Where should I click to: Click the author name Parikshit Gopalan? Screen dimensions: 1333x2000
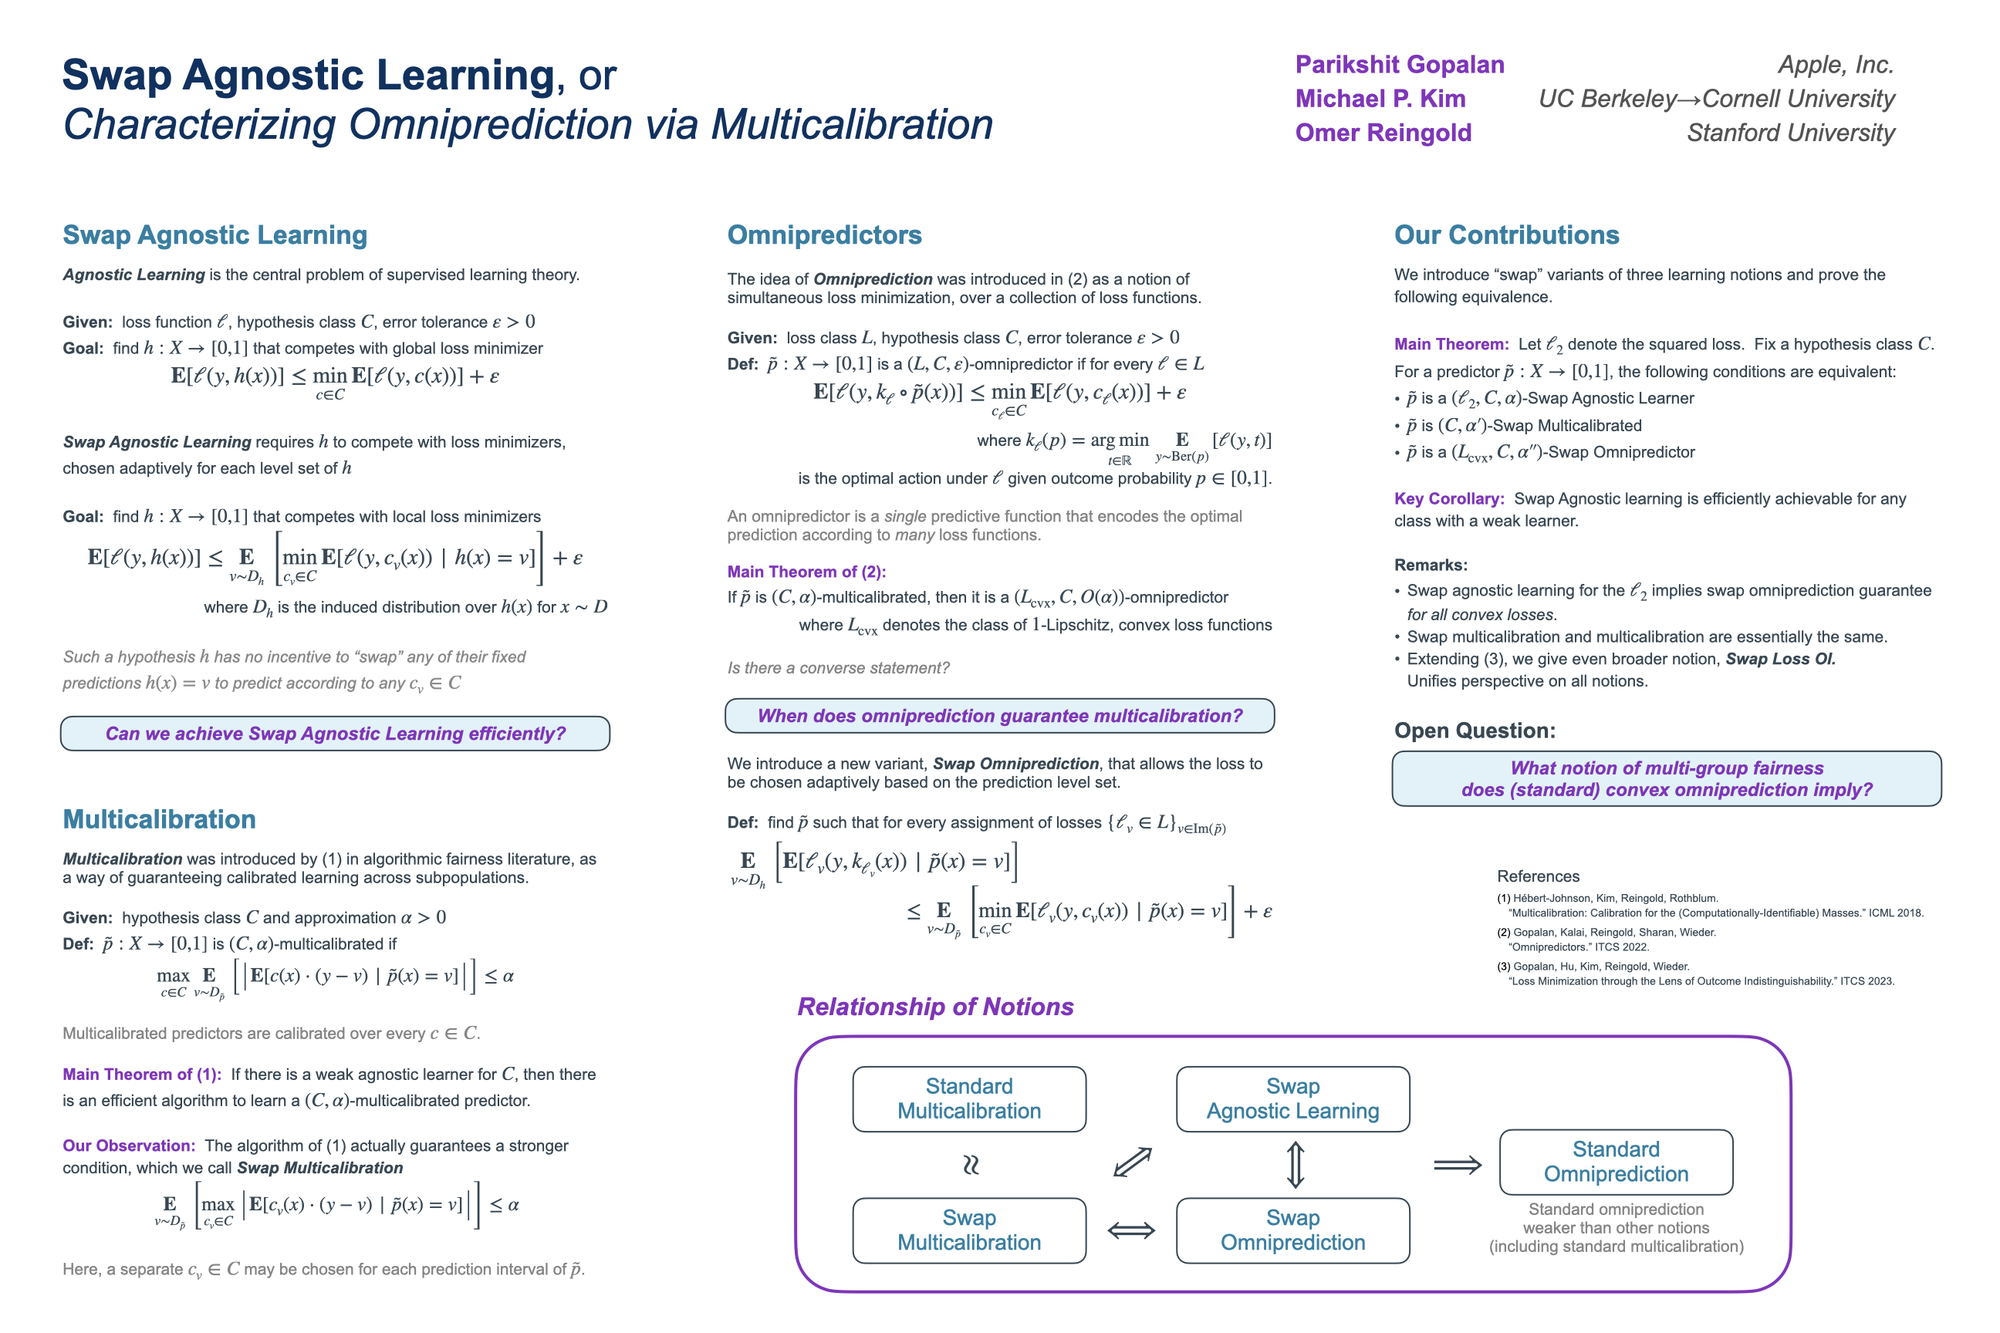click(x=1399, y=65)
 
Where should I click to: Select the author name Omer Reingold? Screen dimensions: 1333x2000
click(x=1383, y=133)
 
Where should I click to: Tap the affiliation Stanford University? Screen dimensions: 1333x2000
click(x=1790, y=133)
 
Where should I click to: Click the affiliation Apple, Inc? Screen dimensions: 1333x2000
click(x=1835, y=65)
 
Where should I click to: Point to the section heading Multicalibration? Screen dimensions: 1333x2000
click(x=159, y=818)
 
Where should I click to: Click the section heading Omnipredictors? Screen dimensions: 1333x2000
click(x=824, y=235)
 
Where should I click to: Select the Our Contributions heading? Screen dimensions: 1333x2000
click(x=1506, y=235)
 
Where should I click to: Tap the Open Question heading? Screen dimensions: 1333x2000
click(x=1475, y=731)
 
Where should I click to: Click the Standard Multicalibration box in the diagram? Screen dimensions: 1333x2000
click(x=968, y=1098)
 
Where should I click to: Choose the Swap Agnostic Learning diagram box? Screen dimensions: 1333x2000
click(x=1292, y=1098)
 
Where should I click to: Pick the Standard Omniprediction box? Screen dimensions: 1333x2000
click(x=1615, y=1161)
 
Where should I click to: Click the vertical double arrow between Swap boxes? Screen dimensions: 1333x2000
click(x=1294, y=1164)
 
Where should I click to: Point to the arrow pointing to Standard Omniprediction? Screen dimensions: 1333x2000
click(x=1457, y=1165)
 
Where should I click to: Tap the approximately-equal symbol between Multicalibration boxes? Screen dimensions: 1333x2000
click(x=970, y=1165)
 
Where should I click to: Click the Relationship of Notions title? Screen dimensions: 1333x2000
click(x=934, y=1007)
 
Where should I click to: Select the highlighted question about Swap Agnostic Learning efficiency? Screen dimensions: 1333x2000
click(x=335, y=734)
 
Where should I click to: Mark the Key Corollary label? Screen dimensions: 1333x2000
click(x=1449, y=499)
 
